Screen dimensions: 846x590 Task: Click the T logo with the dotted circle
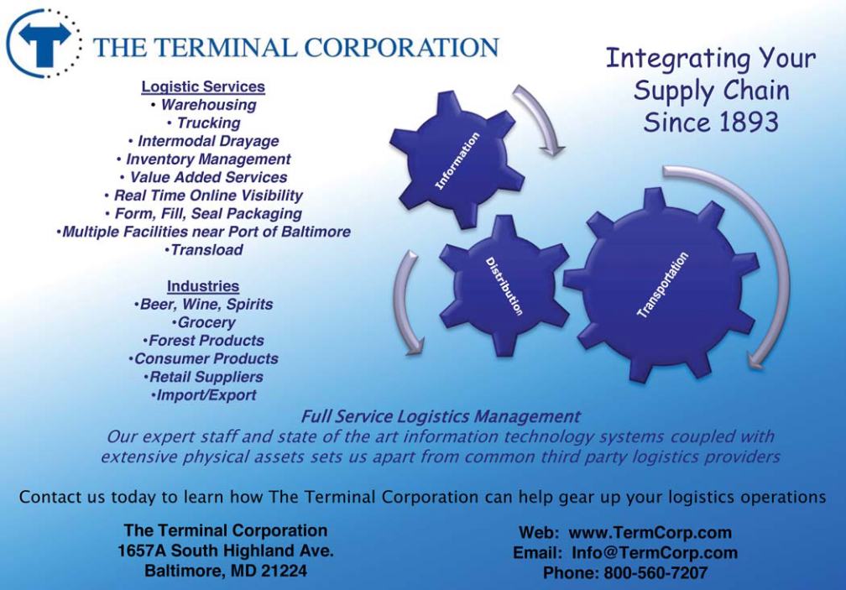click(44, 44)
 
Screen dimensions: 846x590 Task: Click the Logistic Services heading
click(203, 86)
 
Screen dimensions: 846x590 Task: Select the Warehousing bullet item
click(203, 105)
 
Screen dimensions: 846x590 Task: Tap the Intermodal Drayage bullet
click(203, 141)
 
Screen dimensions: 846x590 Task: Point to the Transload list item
click(203, 250)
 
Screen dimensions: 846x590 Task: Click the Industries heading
click(203, 286)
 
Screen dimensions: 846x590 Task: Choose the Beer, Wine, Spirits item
click(203, 304)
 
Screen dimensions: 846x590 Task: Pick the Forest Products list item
click(203, 340)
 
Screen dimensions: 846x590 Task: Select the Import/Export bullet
click(203, 394)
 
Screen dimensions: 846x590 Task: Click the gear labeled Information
click(457, 160)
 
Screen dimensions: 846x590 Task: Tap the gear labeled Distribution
click(504, 286)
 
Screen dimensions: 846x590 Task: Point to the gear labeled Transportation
click(662, 285)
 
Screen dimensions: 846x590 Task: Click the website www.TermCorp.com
click(650, 533)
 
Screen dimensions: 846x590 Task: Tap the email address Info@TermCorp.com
click(655, 553)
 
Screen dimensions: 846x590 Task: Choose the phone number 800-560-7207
click(655, 572)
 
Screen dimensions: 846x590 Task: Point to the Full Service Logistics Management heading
click(441, 416)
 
